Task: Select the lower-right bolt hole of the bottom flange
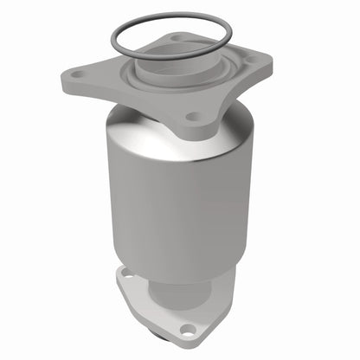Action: pyautogui.click(x=185, y=328)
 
